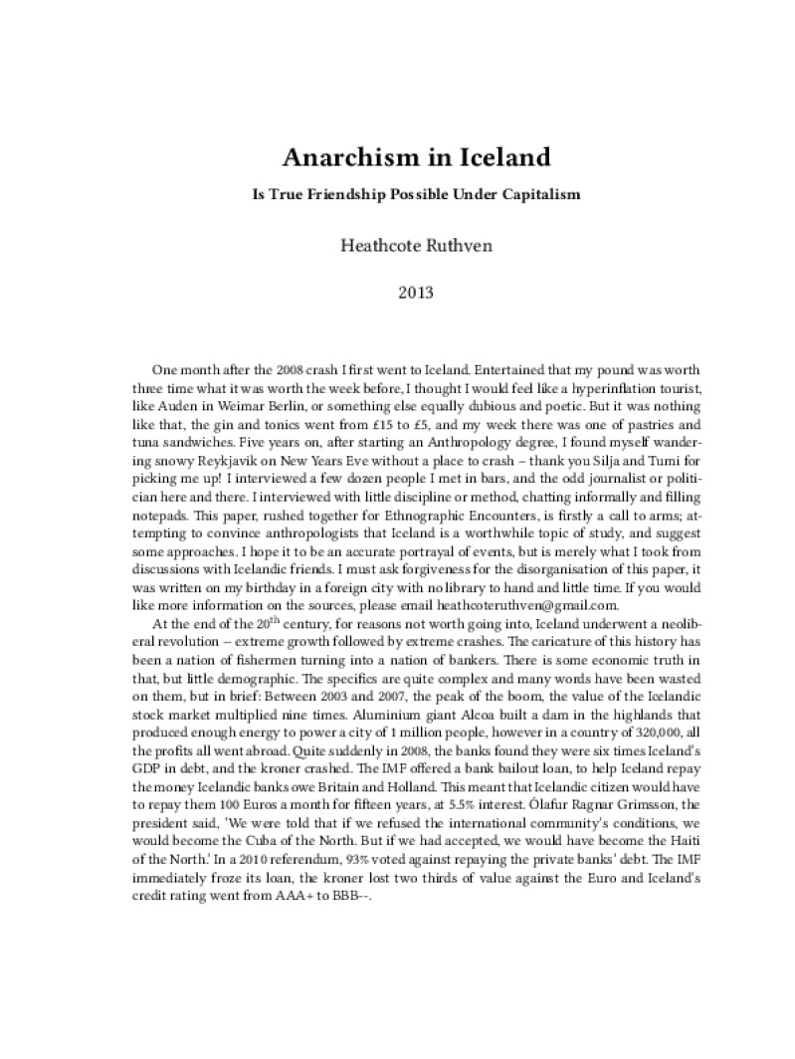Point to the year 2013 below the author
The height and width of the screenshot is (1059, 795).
coord(398,293)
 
